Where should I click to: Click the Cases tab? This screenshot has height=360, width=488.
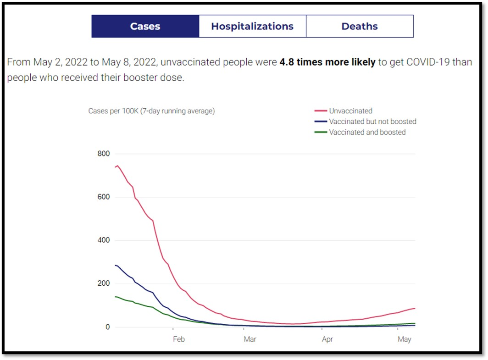click(x=145, y=26)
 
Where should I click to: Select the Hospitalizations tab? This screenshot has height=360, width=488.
click(x=252, y=26)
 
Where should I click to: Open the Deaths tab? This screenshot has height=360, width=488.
click(x=360, y=26)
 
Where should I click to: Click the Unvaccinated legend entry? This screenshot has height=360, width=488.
click(x=350, y=111)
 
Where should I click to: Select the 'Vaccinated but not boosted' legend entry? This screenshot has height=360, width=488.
click(x=372, y=122)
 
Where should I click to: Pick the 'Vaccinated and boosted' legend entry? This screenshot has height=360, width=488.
click(x=367, y=132)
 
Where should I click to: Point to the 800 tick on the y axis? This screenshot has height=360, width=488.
click(x=104, y=154)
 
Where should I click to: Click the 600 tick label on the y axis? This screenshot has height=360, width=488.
click(x=104, y=197)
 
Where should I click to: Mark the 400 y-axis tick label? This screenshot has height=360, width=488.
click(x=104, y=240)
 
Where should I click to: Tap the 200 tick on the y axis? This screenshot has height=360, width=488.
click(x=104, y=283)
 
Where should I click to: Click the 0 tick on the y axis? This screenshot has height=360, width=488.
click(x=108, y=327)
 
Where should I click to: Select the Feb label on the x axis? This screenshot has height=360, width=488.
click(x=178, y=339)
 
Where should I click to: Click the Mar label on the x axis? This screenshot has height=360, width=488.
click(x=250, y=339)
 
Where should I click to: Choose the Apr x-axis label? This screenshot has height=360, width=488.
click(x=327, y=339)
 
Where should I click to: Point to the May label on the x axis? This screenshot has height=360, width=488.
click(x=404, y=339)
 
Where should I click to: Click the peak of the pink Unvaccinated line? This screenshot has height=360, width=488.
click(x=117, y=166)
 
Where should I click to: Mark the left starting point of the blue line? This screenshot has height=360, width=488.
click(x=115, y=265)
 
